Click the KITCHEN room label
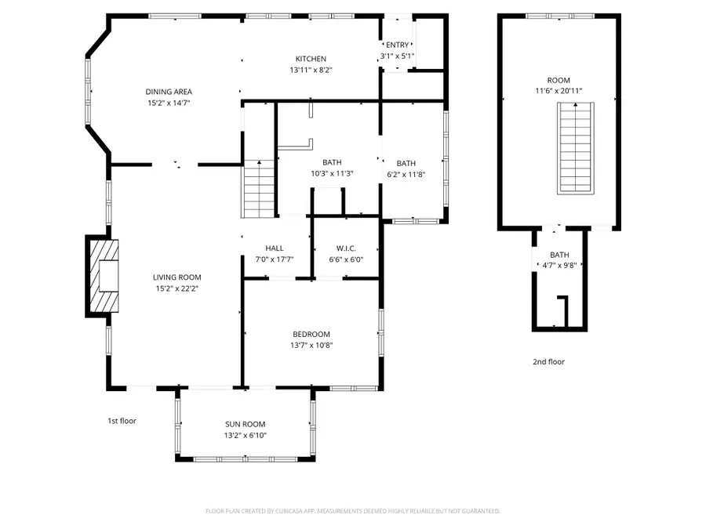click(311, 59)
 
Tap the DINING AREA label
click(169, 92)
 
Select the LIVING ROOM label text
click(176, 277)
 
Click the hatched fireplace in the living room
click(104, 277)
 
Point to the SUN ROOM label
click(246, 424)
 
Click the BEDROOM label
click(311, 334)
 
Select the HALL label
click(274, 248)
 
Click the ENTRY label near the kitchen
click(397, 45)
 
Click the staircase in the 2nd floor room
click(576, 148)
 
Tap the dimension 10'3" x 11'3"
click(331, 174)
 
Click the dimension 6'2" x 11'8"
click(406, 174)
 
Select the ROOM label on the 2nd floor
click(559, 80)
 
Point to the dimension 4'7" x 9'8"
click(559, 265)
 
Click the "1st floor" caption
click(122, 421)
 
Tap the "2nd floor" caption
click(548, 362)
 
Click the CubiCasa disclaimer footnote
click(352, 511)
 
